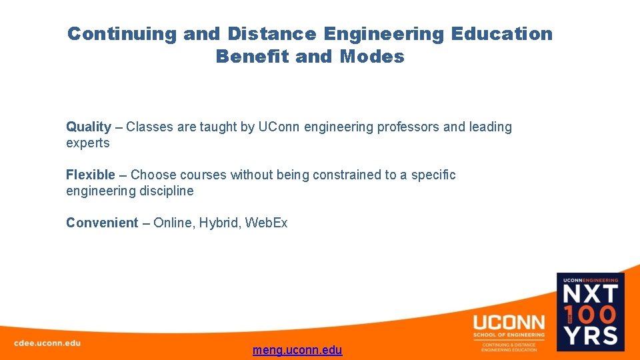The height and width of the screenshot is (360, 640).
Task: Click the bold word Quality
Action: [x=89, y=127]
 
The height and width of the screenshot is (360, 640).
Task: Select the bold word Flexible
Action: [x=91, y=175]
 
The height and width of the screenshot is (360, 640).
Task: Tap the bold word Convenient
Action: [x=102, y=223]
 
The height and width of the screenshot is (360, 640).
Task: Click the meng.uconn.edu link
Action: [x=297, y=350]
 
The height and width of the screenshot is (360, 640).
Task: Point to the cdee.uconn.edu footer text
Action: [x=47, y=343]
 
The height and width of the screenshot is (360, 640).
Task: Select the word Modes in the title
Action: [x=372, y=57]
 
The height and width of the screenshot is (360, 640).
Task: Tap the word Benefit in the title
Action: [x=252, y=57]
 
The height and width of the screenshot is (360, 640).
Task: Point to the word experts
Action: [x=88, y=143]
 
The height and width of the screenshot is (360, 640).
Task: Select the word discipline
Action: [x=167, y=191]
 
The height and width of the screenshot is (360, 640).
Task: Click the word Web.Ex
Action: [x=267, y=223]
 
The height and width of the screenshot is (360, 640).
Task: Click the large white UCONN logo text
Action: [x=509, y=323]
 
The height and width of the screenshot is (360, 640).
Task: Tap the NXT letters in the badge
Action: [x=591, y=295]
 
